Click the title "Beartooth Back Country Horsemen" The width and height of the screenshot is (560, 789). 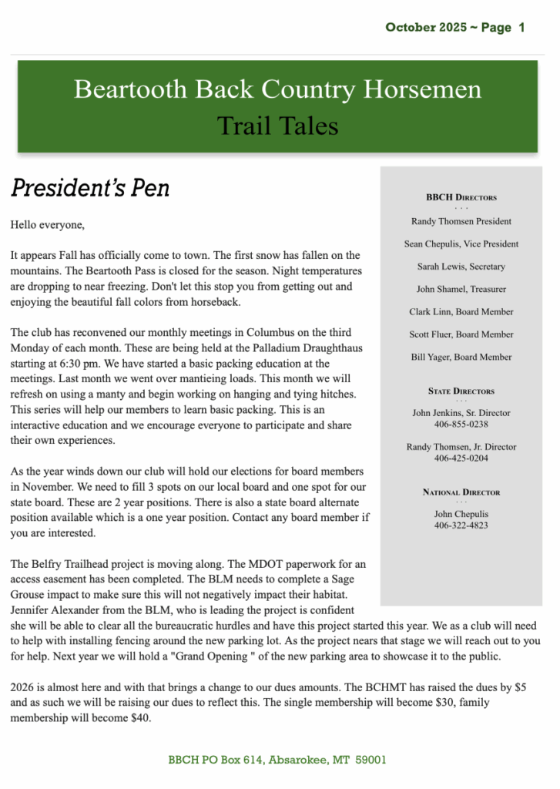point(277,89)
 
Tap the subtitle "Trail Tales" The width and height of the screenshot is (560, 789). point(277,125)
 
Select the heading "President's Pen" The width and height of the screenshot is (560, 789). point(90,187)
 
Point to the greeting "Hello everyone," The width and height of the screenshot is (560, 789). point(48,225)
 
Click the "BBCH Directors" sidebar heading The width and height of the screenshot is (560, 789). point(461,197)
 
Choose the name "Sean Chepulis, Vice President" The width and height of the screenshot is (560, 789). point(461,243)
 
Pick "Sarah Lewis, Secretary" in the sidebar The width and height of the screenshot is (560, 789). point(461,267)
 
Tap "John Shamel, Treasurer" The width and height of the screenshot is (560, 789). point(461,289)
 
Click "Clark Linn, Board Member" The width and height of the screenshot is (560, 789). point(461,312)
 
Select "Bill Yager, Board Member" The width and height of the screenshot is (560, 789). point(461,358)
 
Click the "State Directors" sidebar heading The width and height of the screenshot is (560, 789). point(461,391)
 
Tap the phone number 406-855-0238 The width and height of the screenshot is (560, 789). point(461,425)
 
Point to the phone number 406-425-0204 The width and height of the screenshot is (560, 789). point(461,458)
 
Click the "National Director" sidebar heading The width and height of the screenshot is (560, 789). point(461,492)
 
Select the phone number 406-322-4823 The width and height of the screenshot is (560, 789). point(461,525)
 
